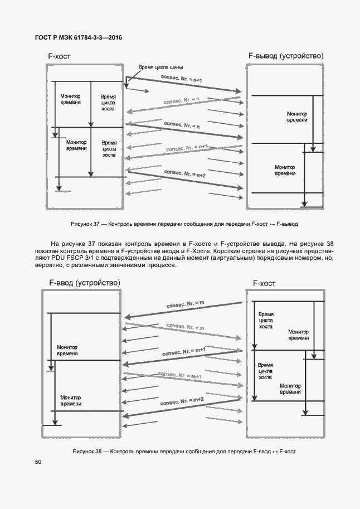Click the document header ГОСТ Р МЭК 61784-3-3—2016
pos(74,38)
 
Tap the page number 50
pos(37,462)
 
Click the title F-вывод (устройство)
pos(285,56)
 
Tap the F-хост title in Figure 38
pos(264,283)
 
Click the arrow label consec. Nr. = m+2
pos(182,401)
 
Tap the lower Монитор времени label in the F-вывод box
pos(285,170)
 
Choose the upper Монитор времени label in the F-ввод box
pos(67,350)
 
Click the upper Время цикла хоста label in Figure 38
pos(266,321)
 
